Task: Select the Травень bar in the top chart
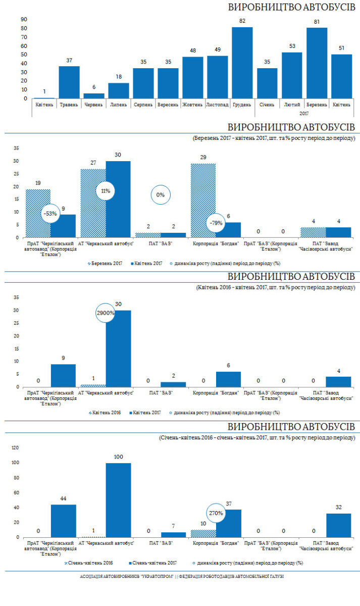69,82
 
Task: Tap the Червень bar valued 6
94,96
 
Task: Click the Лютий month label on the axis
291,105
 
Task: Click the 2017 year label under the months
303,114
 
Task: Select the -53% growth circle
51,214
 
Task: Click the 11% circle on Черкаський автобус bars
106,191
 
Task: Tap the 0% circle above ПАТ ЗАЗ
160,195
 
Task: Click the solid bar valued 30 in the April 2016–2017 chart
118,348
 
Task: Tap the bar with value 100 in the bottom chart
118,500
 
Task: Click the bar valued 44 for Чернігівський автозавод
64,521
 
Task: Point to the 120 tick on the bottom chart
15,448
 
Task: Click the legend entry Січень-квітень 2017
156,562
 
